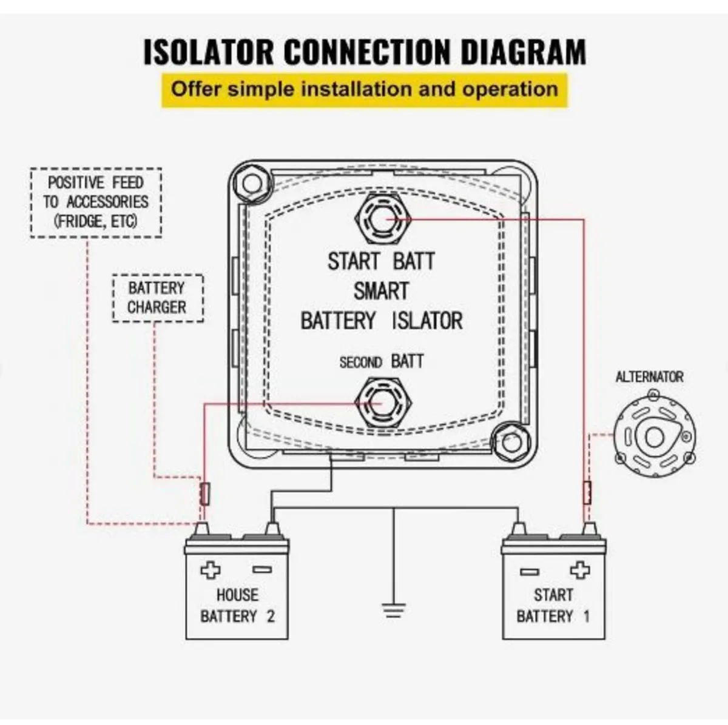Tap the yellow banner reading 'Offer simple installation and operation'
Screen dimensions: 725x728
click(x=364, y=90)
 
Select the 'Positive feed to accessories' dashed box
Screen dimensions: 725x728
click(x=96, y=202)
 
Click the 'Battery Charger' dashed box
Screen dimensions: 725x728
click(x=157, y=298)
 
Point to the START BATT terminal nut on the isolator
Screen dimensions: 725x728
click(x=381, y=219)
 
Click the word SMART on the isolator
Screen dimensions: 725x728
click(x=381, y=291)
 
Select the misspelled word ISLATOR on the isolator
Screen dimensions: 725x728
click(x=427, y=320)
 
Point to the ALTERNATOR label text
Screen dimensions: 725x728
click(x=649, y=377)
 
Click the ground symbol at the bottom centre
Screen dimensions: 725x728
click(x=393, y=609)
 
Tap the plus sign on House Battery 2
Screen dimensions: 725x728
click(x=211, y=570)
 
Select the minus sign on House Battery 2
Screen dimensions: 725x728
click(x=262, y=570)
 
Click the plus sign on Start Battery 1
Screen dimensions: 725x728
click(x=580, y=570)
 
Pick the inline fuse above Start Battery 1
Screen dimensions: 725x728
click(x=587, y=492)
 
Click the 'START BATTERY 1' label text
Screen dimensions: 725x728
click(x=553, y=606)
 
